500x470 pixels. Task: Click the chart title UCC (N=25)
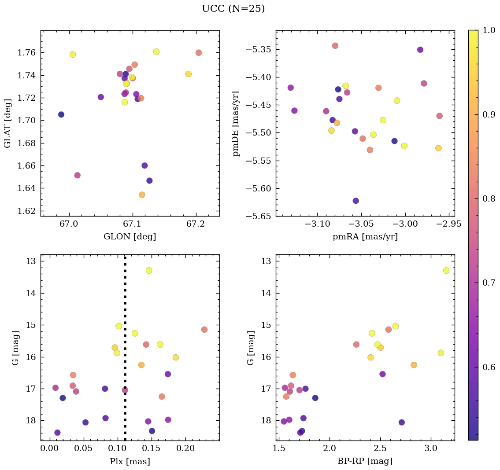click(x=233, y=9)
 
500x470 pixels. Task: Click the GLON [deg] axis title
click(x=130, y=237)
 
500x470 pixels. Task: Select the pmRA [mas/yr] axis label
click(x=365, y=237)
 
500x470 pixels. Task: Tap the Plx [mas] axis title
click(x=130, y=462)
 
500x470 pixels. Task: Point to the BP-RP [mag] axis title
click(x=365, y=462)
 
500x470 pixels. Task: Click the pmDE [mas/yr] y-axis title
click(x=237, y=123)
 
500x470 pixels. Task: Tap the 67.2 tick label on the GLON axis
click(x=196, y=224)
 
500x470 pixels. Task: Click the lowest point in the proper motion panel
click(x=356, y=201)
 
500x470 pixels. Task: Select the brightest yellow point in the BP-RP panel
click(x=446, y=270)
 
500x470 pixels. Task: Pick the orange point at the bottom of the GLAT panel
click(x=142, y=195)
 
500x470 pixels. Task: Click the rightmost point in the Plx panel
click(x=204, y=330)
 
